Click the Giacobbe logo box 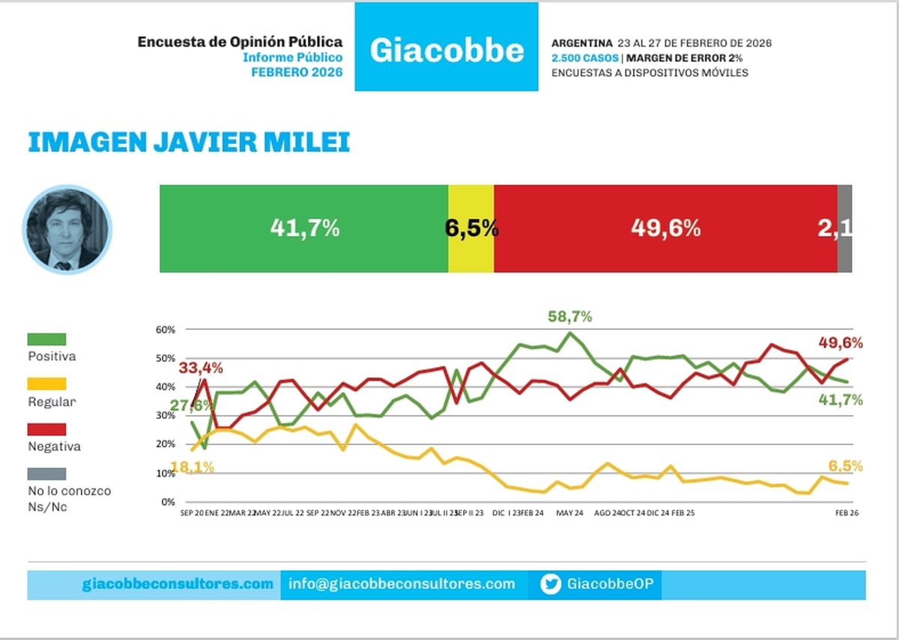[x=447, y=47]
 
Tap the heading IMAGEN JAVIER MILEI [x=189, y=142]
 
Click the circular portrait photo [x=67, y=229]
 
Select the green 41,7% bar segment [x=304, y=228]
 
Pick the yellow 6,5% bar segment [x=471, y=228]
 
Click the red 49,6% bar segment [x=665, y=228]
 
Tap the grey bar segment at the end [x=844, y=228]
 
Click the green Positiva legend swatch [x=46, y=339]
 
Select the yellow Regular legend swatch [x=46, y=384]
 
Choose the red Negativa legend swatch [x=46, y=429]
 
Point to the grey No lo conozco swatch [x=46, y=474]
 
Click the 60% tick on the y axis [x=166, y=330]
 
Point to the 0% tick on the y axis [x=168, y=502]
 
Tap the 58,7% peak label [x=569, y=317]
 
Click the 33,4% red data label [x=201, y=368]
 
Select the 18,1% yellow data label [x=192, y=467]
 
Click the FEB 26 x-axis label [x=847, y=514]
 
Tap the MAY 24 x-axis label [x=569, y=514]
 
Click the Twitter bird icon [x=551, y=585]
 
